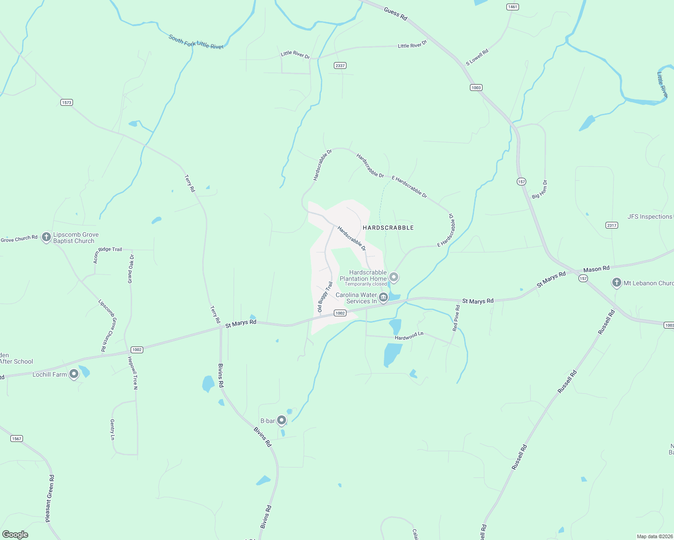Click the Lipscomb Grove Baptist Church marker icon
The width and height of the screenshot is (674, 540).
tap(46, 237)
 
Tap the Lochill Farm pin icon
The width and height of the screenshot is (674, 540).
tap(74, 374)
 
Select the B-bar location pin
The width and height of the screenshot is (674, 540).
tap(282, 420)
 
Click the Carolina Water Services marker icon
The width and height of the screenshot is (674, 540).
tap(383, 297)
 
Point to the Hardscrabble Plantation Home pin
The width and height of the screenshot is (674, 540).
tap(394, 277)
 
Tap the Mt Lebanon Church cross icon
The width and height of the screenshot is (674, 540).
tap(617, 283)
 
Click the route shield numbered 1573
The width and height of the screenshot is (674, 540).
tap(67, 103)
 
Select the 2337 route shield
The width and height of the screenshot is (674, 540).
tap(340, 66)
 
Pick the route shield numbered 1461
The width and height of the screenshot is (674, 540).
tap(513, 7)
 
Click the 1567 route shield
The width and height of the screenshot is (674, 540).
tap(17, 438)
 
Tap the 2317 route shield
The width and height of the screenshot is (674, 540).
tap(611, 225)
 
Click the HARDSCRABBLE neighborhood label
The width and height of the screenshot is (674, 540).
tap(388, 228)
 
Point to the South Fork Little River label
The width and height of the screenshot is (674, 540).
tap(196, 42)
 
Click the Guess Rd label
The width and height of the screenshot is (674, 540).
tap(396, 13)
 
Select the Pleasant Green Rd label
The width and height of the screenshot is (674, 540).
tap(50, 499)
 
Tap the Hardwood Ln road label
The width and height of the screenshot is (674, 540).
tap(409, 336)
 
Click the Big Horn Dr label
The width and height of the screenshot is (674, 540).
tap(540, 189)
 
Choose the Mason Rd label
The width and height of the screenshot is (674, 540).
tap(596, 269)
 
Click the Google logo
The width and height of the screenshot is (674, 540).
tap(15, 534)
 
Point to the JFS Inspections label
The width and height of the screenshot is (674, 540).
tap(649, 216)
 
